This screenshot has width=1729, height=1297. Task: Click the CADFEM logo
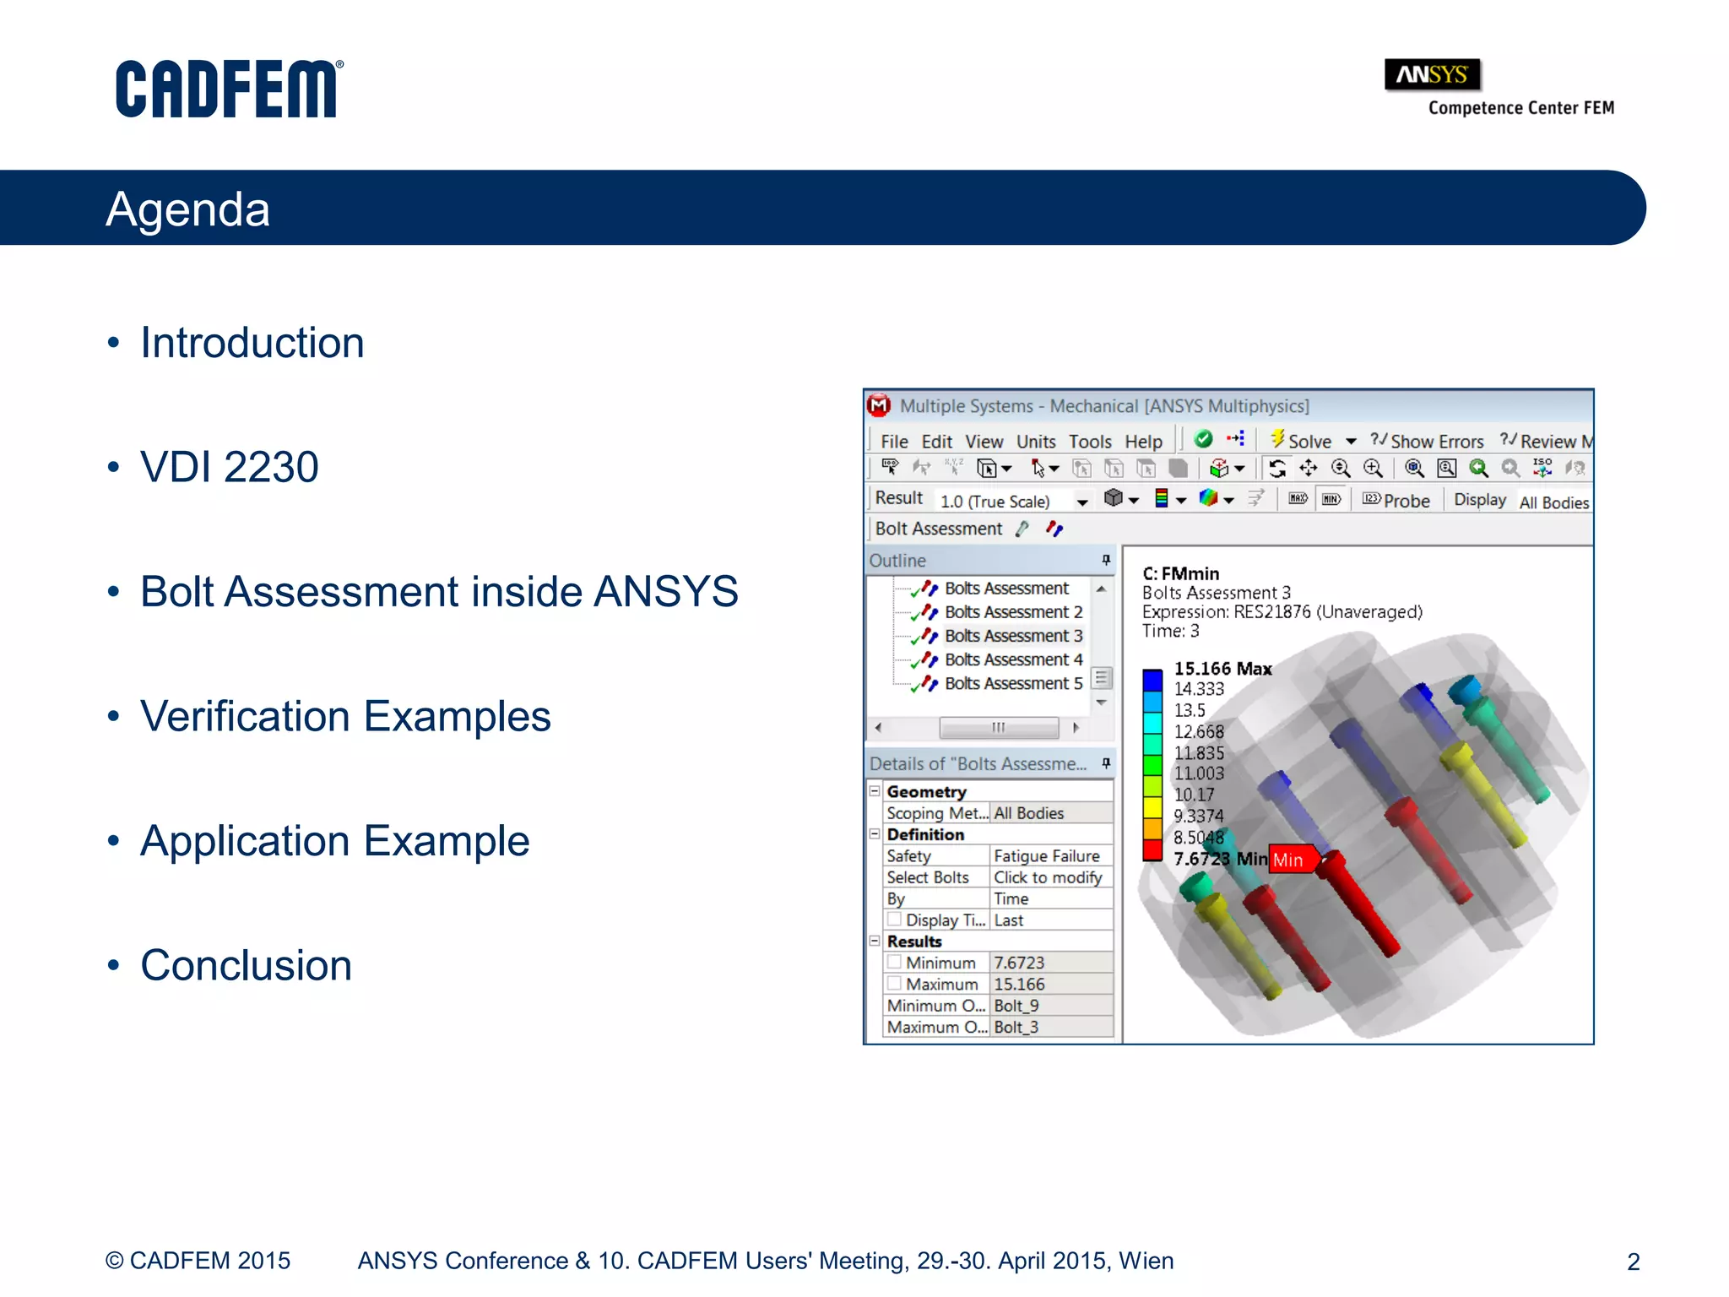point(228,89)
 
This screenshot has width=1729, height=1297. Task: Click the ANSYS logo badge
point(1432,75)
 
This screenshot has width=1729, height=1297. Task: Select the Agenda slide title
point(187,209)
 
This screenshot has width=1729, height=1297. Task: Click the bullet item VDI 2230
point(229,467)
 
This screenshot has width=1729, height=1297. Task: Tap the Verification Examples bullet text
point(345,716)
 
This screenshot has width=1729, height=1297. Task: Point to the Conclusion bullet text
point(246,965)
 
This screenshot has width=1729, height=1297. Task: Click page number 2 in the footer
point(1633,1262)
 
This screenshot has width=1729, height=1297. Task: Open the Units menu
point(1035,442)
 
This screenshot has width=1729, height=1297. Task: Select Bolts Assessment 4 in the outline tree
point(1012,659)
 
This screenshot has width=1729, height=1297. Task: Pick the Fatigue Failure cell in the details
point(1046,856)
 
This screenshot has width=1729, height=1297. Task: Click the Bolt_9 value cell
point(1016,1006)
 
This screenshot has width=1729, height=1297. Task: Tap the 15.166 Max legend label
point(1222,669)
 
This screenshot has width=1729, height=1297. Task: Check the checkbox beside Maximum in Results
point(894,984)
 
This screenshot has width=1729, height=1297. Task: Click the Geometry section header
point(926,792)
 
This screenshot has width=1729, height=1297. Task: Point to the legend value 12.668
point(1198,731)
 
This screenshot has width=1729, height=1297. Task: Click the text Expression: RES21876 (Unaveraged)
point(1282,612)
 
